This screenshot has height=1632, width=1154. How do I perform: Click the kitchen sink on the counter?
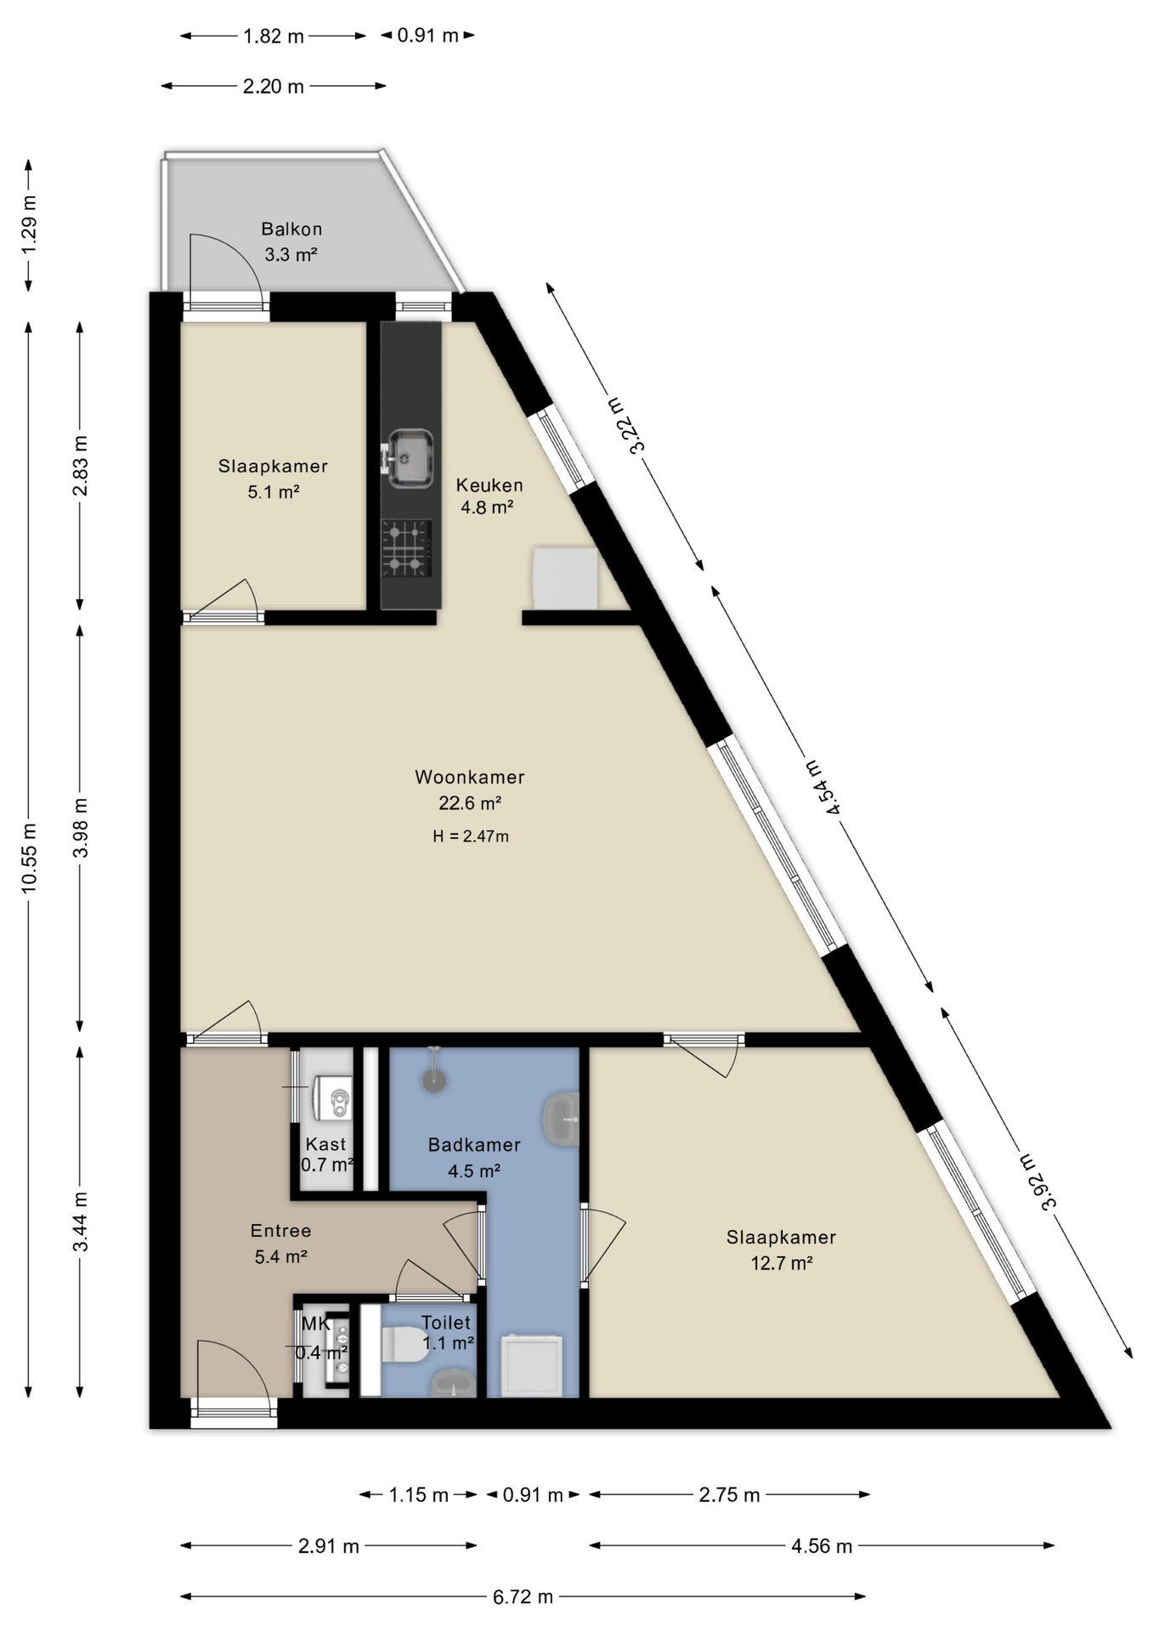tap(410, 458)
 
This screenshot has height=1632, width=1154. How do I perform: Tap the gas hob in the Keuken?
tap(406, 548)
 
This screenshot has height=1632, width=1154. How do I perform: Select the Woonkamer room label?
tap(470, 777)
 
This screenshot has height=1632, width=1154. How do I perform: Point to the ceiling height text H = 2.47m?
tap(471, 836)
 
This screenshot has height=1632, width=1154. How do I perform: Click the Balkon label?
tap(291, 229)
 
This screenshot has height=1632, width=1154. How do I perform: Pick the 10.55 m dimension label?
tap(30, 858)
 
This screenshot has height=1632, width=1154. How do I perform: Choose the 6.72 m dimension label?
tap(523, 1597)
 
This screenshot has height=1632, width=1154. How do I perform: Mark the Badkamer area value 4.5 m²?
tap(474, 1170)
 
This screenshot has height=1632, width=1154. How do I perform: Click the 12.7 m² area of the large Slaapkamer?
tap(782, 1263)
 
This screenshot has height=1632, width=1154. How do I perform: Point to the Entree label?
tap(280, 1230)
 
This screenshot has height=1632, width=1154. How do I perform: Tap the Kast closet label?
tap(325, 1144)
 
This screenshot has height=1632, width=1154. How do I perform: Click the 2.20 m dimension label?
tap(274, 86)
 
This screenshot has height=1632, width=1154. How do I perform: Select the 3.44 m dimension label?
tap(81, 1221)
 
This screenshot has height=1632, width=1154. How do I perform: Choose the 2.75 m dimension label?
tap(730, 1495)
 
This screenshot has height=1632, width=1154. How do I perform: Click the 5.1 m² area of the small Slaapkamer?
tap(274, 491)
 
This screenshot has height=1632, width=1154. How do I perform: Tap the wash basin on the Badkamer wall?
tap(562, 1119)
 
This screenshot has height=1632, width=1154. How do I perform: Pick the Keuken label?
tap(489, 485)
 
